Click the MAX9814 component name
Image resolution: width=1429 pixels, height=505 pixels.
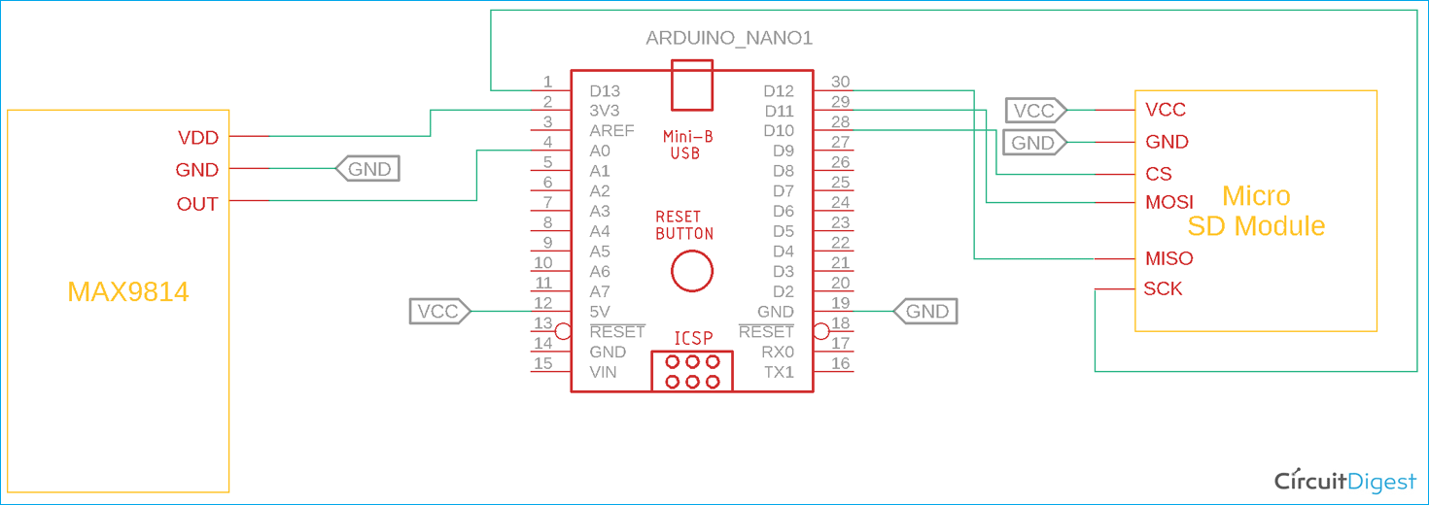pyautogui.click(x=127, y=291)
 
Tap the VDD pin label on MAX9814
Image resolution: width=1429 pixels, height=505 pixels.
pyautogui.click(x=197, y=138)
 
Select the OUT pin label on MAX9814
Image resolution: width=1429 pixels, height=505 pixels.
pyautogui.click(x=196, y=204)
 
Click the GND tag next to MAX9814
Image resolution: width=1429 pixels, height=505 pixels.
pyautogui.click(x=367, y=169)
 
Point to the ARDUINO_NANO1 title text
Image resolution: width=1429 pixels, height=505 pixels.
pyautogui.click(x=729, y=39)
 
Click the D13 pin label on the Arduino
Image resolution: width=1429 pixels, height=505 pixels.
pyautogui.click(x=605, y=91)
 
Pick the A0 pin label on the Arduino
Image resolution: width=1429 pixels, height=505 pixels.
pyautogui.click(x=600, y=151)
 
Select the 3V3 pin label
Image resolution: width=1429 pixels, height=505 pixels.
pyautogui.click(x=604, y=111)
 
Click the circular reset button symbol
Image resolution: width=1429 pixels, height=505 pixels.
pyautogui.click(x=692, y=271)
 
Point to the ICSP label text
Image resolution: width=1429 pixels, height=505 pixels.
pyautogui.click(x=693, y=339)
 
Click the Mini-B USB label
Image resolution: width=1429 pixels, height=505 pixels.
pyautogui.click(x=684, y=144)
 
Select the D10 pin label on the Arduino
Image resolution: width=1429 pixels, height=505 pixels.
pyautogui.click(x=779, y=131)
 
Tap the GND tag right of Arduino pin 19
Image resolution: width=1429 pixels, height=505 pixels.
pyautogui.click(x=925, y=312)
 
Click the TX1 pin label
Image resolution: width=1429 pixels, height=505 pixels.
pyautogui.click(x=779, y=372)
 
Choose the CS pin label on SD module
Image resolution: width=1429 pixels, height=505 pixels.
pyautogui.click(x=1159, y=175)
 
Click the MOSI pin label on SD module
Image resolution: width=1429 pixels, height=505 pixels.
pyautogui.click(x=1168, y=203)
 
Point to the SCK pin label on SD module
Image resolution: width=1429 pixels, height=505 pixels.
pyautogui.click(x=1163, y=289)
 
